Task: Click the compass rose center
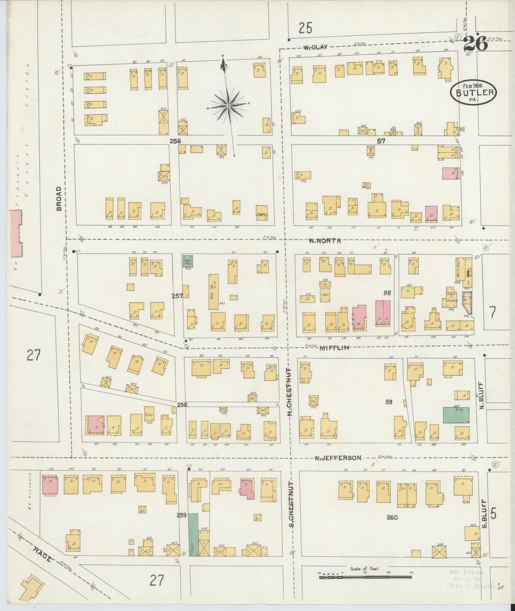229,106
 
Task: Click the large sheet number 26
475,44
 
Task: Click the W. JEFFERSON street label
337,458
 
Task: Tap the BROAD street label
59,199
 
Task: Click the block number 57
381,141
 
